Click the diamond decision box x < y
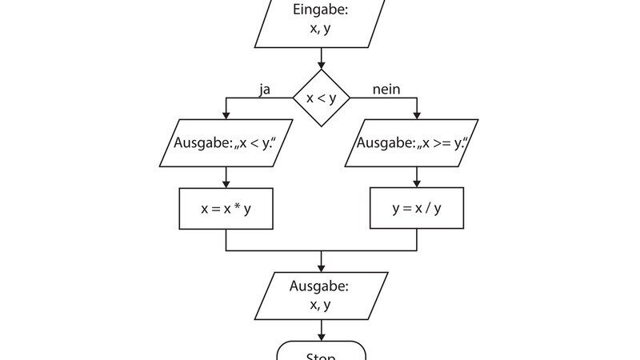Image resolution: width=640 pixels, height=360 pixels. tap(320, 98)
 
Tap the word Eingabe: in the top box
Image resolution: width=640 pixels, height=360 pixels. tap(319, 11)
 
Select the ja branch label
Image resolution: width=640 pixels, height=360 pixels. tap(264, 90)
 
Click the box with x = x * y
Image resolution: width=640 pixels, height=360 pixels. tap(226, 208)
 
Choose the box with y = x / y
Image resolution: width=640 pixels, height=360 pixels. tap(416, 208)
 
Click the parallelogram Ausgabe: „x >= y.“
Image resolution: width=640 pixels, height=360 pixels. tap(411, 143)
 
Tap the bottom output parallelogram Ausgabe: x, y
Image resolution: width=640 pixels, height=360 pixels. tap(320, 295)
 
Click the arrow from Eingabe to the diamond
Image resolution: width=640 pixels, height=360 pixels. tap(320, 58)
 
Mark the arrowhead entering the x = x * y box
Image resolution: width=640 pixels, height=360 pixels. tap(226, 183)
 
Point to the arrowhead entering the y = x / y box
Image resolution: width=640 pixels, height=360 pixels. tap(416, 183)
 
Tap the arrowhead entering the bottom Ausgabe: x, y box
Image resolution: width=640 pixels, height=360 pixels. tap(320, 267)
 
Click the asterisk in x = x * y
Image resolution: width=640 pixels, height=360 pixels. tap(237, 207)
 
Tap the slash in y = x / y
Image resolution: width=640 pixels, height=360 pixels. tap(427, 208)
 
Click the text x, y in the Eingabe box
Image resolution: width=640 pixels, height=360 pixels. tap(319, 29)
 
